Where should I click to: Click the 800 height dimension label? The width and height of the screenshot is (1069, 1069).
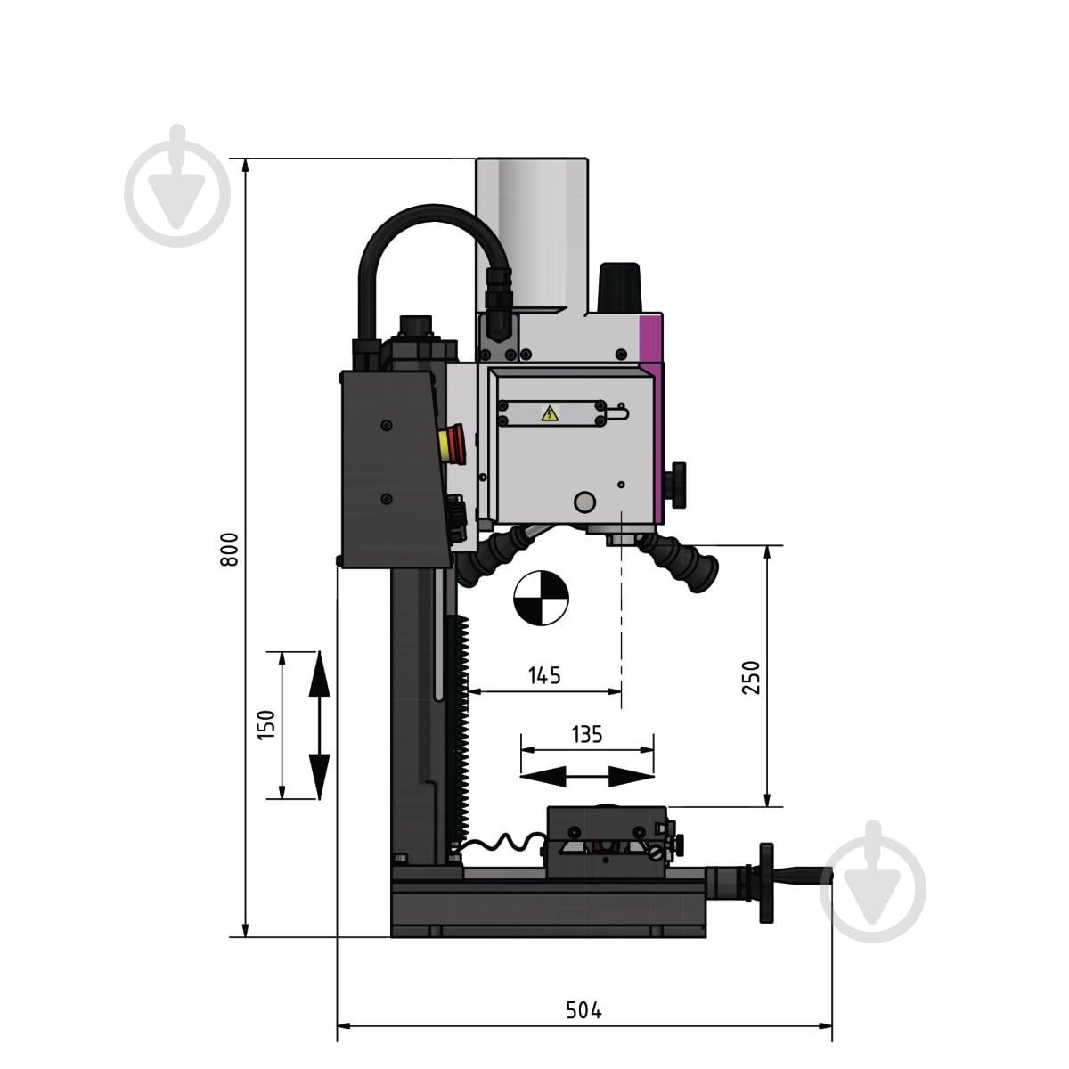(x=229, y=550)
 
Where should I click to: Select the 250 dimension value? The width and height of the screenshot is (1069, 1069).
(x=751, y=677)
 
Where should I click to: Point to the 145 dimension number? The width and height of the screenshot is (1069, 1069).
(x=544, y=675)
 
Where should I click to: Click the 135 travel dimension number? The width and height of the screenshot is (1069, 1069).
(x=587, y=734)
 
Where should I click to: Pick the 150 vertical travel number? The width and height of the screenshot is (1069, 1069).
(x=266, y=724)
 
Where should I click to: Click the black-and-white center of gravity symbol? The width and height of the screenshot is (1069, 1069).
(x=541, y=598)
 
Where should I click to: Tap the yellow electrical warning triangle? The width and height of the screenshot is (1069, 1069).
(x=550, y=413)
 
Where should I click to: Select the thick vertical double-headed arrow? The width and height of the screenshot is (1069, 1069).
(x=319, y=726)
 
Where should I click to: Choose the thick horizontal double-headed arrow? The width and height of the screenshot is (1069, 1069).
(x=587, y=777)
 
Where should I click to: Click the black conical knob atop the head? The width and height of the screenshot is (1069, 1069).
(x=619, y=287)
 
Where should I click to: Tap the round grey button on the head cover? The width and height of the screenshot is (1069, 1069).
(x=584, y=502)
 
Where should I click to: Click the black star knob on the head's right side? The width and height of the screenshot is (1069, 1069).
(x=678, y=485)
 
